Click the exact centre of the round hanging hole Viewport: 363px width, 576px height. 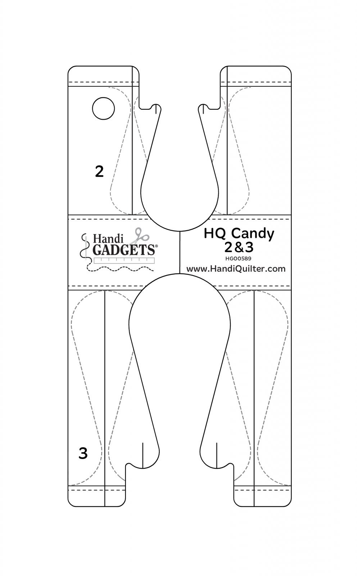pos(103,108)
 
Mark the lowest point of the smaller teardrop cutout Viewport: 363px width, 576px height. pos(180,231)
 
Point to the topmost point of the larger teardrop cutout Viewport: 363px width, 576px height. pos(180,274)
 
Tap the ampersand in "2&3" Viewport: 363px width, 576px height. pos(239,247)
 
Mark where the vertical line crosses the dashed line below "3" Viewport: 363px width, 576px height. pos(105,490)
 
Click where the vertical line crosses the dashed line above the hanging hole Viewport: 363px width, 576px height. pos(132,82)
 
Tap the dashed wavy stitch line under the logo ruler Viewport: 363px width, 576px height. pos(121,269)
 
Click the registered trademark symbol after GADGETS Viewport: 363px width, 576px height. pos(156,246)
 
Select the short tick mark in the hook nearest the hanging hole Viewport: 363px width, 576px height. pos(156,109)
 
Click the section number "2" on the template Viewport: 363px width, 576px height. pos(99,171)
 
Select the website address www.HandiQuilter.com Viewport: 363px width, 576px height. pos(236,269)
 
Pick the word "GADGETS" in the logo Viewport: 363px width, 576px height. pos(124,249)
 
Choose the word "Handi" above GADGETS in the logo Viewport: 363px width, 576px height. pos(105,238)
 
